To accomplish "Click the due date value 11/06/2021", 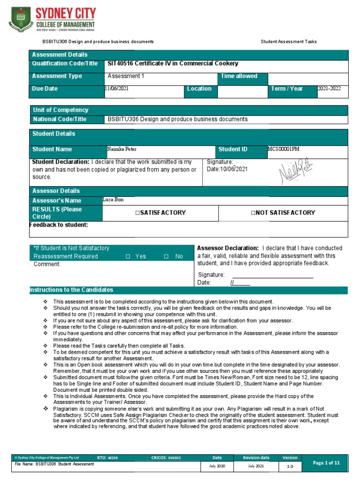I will [117, 88].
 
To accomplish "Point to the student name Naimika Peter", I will [123, 149].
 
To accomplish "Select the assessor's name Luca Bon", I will [113, 200].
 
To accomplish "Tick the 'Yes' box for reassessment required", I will [128, 256].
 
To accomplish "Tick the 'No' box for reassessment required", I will [166, 256].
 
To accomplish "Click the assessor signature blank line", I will [272, 276].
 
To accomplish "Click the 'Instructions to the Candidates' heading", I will [71, 290].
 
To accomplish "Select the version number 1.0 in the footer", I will [290, 466].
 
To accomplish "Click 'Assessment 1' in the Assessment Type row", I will [124, 76].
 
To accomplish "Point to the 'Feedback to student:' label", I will [59, 225].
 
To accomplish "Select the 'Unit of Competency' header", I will [60, 110].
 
